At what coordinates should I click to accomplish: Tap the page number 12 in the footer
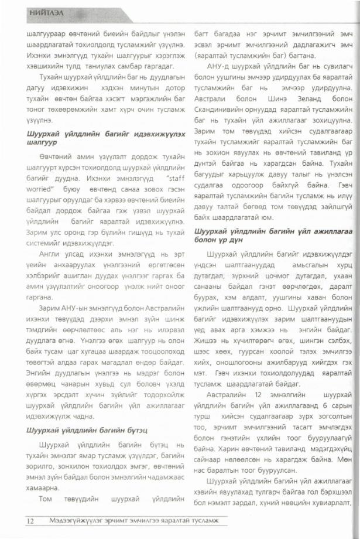point(30,521)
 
